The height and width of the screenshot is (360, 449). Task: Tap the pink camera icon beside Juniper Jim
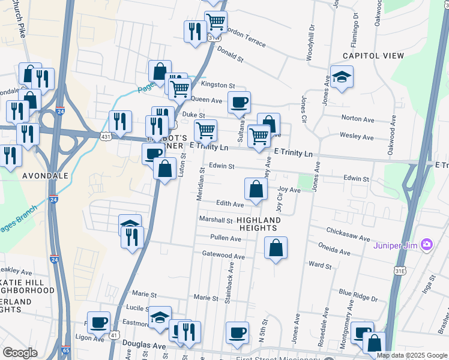click(427, 244)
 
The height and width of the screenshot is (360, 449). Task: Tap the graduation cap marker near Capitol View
click(342, 77)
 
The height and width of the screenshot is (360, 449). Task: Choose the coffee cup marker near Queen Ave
click(239, 103)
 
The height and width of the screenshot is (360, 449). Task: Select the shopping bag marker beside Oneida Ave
click(276, 248)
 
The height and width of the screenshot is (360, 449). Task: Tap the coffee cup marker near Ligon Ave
click(98, 322)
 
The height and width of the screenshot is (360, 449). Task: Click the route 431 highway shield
click(106, 137)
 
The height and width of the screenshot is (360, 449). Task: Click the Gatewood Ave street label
click(223, 256)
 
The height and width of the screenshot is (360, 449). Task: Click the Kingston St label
click(221, 86)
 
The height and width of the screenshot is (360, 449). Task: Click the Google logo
click(20, 353)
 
